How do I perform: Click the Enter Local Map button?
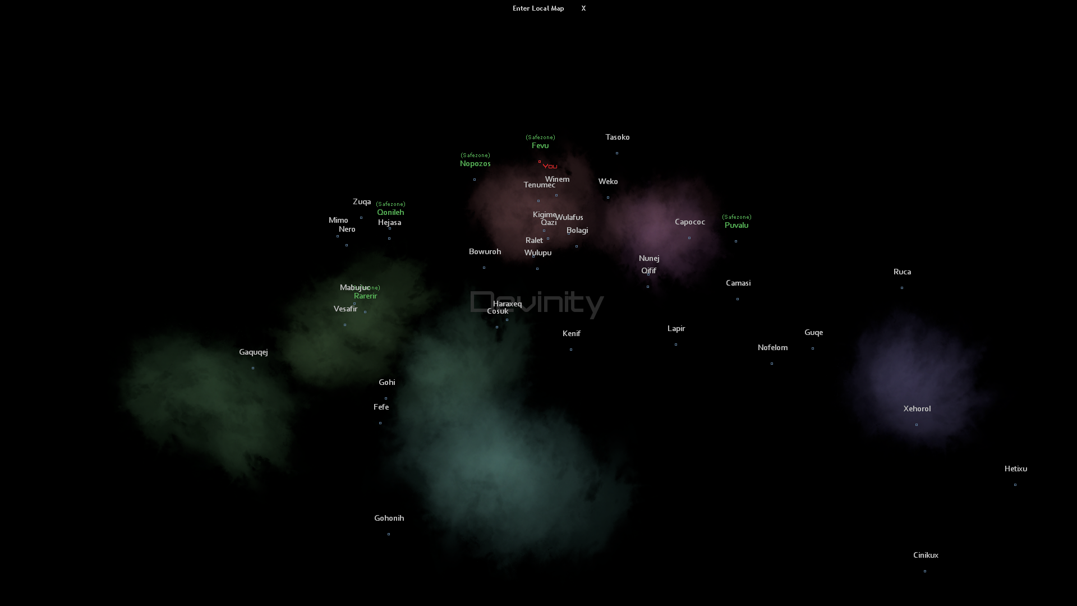coord(538,8)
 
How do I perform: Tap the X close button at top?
coord(583,8)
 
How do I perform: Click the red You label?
coord(550,166)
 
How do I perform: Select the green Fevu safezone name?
coord(540,146)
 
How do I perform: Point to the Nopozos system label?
coord(475,164)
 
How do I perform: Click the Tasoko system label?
coord(617,137)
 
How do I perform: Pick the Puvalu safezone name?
coord(736,226)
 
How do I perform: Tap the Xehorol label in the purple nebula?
coord(917,409)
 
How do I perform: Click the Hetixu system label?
coord(1015,469)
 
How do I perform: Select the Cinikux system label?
coord(925,555)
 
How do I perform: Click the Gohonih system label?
coord(389,518)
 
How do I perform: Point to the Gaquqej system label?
coord(253,352)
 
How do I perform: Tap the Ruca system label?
coord(902,272)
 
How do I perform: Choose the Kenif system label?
coord(571,334)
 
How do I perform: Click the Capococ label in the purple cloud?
coord(689,222)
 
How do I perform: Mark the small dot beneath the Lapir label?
coord(676,345)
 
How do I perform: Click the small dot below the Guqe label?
coord(813,348)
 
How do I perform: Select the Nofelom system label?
coord(772,348)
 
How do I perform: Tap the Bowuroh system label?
coord(485,252)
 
